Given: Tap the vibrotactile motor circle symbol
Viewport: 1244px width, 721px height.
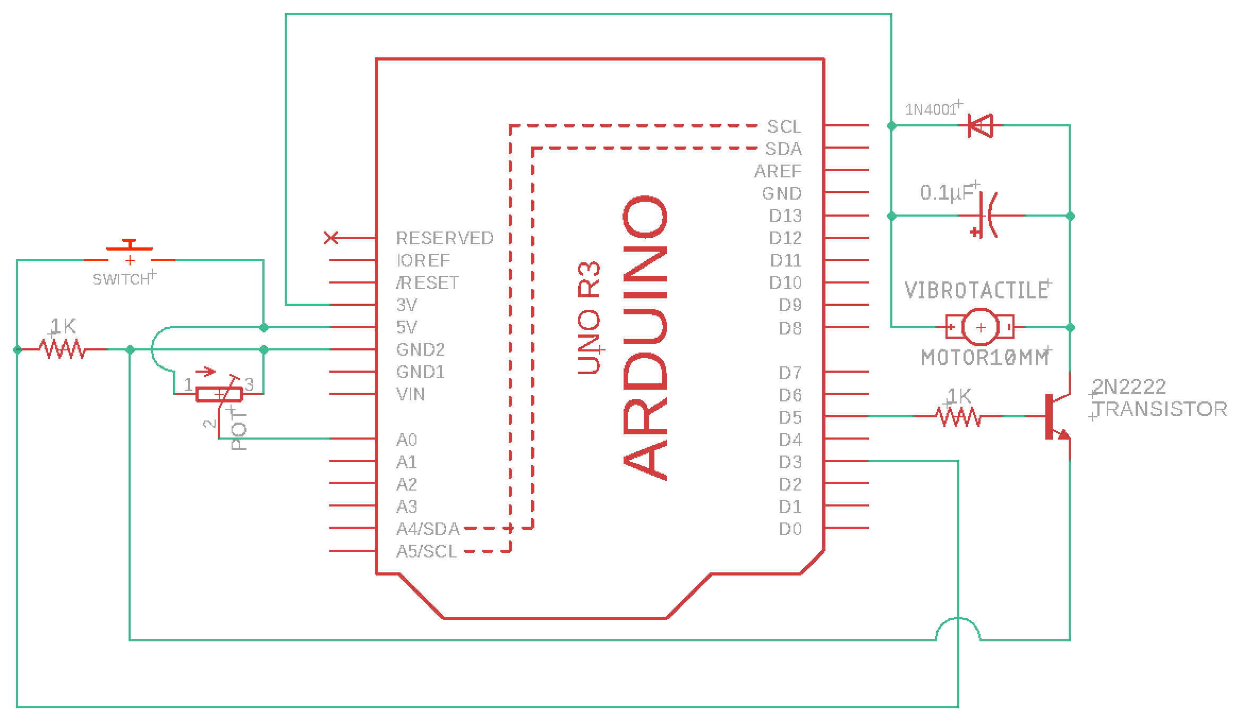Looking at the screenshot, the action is tap(980, 328).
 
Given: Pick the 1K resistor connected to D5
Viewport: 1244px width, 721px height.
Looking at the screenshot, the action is tap(959, 417).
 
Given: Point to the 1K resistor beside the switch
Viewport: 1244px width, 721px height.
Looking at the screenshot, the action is tap(63, 349).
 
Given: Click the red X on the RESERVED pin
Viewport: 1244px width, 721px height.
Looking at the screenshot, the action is tap(331, 238).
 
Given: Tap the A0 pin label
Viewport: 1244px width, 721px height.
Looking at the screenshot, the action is tap(407, 440).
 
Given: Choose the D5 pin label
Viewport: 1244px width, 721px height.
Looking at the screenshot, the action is tap(790, 417).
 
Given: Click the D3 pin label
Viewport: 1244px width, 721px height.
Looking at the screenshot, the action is tap(790, 462).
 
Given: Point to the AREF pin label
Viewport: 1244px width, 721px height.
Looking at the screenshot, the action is tap(778, 171).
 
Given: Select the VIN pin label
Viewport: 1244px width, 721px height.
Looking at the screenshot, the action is tap(411, 394).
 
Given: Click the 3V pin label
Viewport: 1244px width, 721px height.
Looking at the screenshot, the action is tap(407, 305).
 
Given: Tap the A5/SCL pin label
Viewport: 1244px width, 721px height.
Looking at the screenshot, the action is tap(427, 552).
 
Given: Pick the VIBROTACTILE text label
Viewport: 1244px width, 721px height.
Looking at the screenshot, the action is tap(976, 290).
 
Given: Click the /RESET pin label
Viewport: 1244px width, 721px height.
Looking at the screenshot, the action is tap(428, 282).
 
